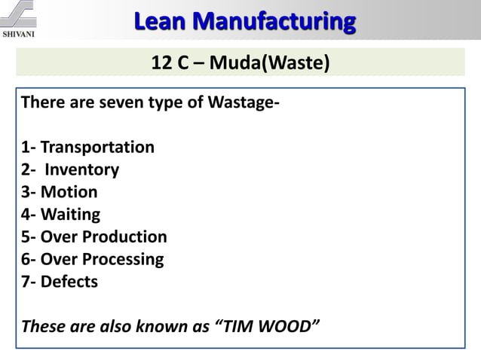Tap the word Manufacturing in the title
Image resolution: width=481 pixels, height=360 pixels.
[274, 21]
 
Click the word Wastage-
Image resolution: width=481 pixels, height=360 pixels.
[240, 102]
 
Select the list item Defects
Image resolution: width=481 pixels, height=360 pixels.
[69, 282]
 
